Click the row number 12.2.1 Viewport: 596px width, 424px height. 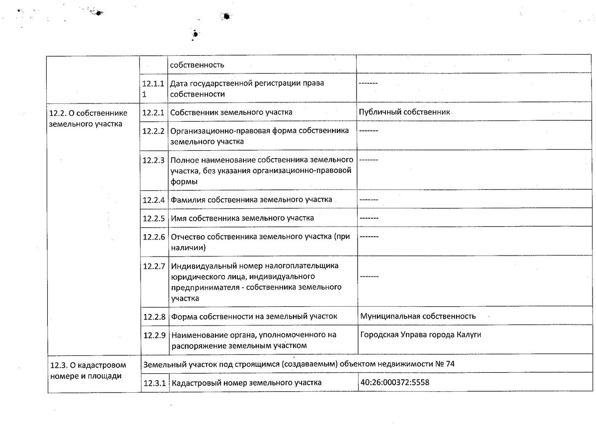coord(153,112)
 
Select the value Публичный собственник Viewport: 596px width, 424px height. coord(404,112)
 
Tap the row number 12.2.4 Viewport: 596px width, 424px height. coord(153,200)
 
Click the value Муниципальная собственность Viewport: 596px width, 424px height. coord(418,316)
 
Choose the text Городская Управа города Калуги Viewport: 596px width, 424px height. coord(421,335)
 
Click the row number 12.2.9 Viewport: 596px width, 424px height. coord(153,335)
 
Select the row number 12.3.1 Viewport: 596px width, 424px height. coord(153,383)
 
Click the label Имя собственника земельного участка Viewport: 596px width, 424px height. coord(242,218)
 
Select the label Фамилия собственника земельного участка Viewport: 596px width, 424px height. coord(251,200)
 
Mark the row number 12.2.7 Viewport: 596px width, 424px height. coord(153,265)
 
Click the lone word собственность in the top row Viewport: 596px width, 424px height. coord(197,65)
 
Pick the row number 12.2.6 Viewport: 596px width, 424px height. coord(153,237)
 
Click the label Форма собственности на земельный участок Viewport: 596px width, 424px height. coord(253,316)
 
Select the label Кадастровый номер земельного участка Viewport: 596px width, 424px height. coord(245,383)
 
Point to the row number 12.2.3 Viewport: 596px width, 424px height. coord(153,160)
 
